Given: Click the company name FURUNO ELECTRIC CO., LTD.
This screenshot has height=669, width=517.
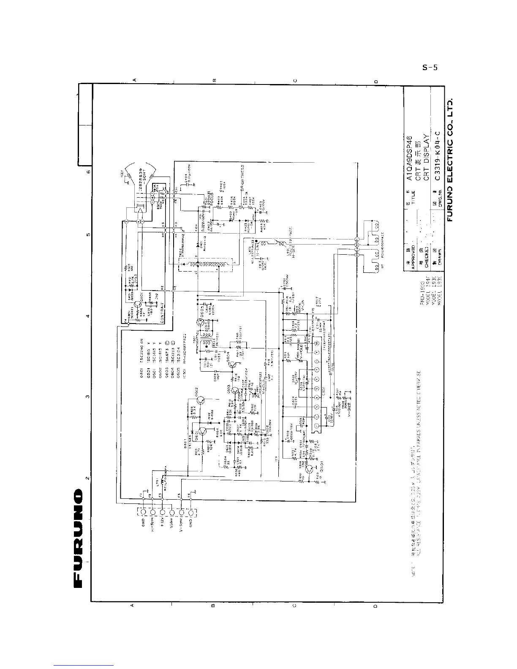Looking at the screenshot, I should point(450,160).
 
